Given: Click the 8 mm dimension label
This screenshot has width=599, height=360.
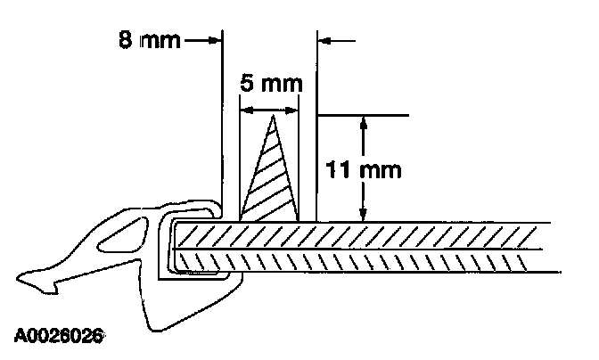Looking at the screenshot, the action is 149,41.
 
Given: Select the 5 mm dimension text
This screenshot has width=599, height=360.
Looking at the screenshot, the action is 271,86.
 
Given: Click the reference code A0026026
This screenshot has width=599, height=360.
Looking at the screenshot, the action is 58,338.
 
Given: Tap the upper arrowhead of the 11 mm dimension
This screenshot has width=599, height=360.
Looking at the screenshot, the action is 363,122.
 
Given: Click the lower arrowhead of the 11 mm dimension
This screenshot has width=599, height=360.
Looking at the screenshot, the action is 363,215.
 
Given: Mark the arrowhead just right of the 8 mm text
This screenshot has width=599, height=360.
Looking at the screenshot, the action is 213,40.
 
